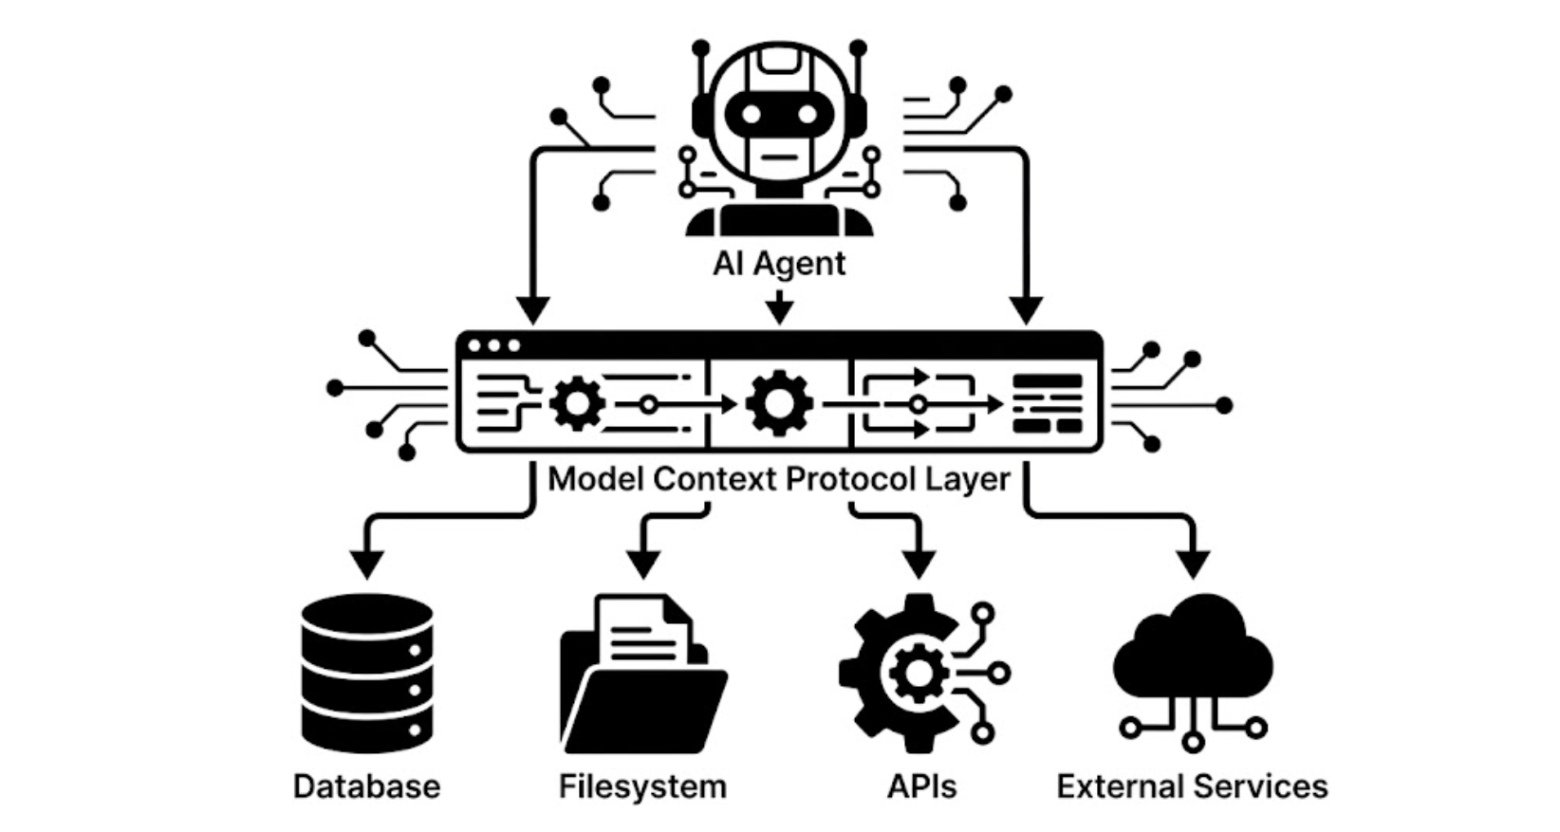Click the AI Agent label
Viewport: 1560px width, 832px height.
coord(779,264)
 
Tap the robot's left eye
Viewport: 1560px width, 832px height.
coord(752,115)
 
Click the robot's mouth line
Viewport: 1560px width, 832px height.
coord(779,158)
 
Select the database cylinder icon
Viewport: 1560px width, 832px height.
coord(367,673)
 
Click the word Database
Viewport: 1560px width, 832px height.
coord(366,786)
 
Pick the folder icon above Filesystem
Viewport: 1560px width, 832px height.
coord(642,675)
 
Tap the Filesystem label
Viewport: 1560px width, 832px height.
coord(642,786)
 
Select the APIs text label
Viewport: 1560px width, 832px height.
coord(921,786)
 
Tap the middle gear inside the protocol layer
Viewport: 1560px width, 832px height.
coord(779,404)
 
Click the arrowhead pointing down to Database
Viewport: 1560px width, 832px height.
coord(367,564)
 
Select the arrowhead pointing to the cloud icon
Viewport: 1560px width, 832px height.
coord(1193,564)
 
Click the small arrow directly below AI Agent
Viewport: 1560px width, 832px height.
coord(779,309)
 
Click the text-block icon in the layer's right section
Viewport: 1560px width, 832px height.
coord(1048,404)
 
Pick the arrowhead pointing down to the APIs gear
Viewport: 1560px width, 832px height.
coord(918,564)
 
